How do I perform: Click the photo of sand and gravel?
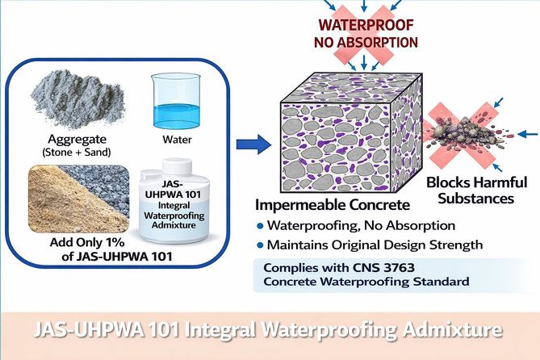[x=77, y=198]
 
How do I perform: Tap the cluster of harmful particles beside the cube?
[x=479, y=129]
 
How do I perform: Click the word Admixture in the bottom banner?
[x=437, y=330]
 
